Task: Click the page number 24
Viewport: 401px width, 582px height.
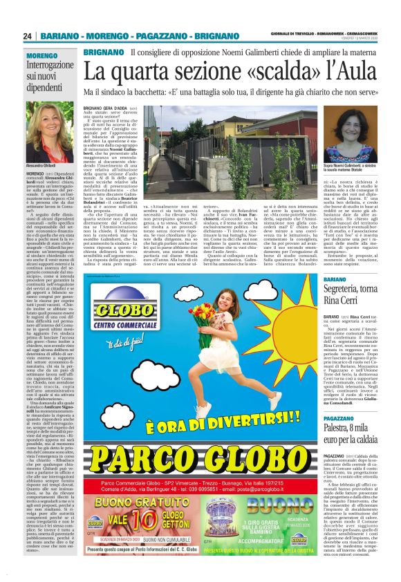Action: (27, 36)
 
